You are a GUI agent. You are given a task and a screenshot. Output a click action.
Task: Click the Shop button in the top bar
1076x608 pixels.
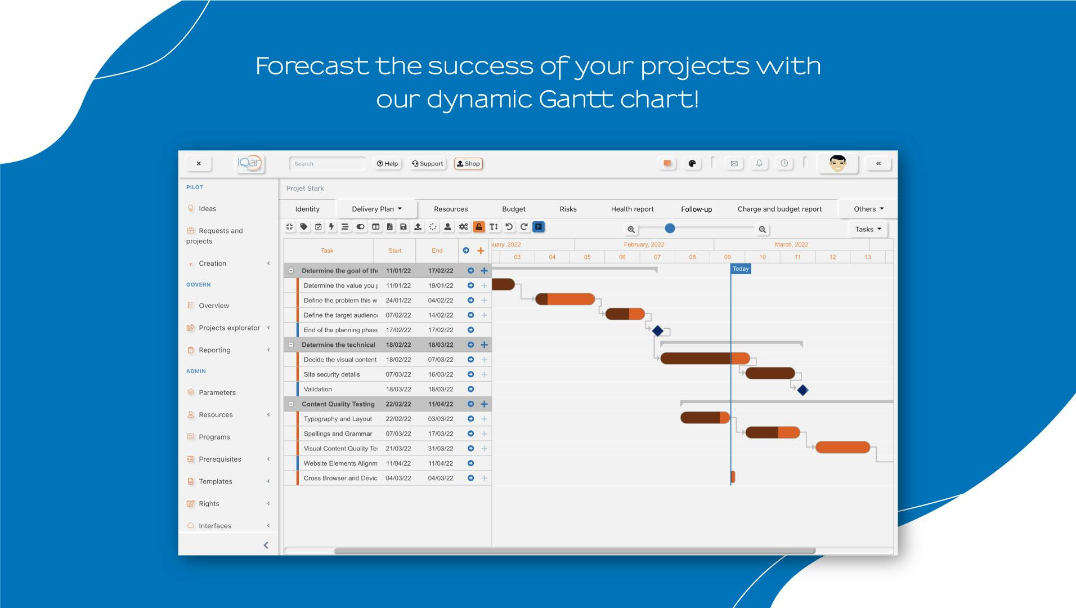point(468,164)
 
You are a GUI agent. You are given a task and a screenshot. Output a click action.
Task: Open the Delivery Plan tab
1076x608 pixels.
point(376,209)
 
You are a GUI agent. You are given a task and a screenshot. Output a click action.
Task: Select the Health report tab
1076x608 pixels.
point(632,209)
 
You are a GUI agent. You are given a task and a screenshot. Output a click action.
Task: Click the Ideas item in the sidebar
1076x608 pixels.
point(207,208)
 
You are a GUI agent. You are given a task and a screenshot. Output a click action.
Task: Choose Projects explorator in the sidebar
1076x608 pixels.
point(229,328)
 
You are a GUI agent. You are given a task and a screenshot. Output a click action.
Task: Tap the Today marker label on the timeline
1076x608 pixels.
point(741,269)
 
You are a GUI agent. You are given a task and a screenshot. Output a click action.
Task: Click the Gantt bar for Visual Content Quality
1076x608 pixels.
point(842,448)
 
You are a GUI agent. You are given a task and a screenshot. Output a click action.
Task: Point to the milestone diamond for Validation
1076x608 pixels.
point(802,390)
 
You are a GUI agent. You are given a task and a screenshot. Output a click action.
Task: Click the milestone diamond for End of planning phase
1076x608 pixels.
point(657,330)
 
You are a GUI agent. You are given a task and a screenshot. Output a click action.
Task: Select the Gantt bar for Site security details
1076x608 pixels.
point(770,373)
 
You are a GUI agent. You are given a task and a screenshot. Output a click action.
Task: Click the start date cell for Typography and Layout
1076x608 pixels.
point(398,419)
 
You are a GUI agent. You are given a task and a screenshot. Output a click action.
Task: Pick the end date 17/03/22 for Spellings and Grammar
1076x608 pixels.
point(440,433)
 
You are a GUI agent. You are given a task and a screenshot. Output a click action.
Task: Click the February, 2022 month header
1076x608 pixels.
point(644,244)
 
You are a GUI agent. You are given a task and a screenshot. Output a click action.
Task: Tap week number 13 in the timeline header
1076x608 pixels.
point(867,257)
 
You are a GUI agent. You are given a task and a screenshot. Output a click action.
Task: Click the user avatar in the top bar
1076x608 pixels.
point(837,164)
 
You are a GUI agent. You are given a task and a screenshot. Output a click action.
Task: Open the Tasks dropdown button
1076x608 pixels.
point(867,229)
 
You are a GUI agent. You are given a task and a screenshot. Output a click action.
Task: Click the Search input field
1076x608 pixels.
point(327,164)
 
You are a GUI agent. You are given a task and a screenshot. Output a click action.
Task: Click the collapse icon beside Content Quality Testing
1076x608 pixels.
point(291,404)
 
